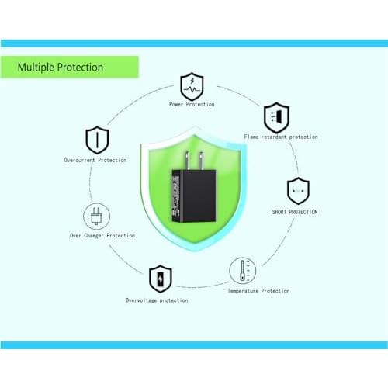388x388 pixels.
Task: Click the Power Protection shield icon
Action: click(x=192, y=86)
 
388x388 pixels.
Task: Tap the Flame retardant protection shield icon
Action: click(x=276, y=118)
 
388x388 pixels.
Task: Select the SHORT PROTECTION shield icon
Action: click(x=298, y=191)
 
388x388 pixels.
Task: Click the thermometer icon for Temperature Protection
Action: click(x=242, y=271)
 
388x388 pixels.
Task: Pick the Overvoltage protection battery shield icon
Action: click(x=161, y=279)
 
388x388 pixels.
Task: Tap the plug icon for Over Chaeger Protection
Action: click(x=96, y=216)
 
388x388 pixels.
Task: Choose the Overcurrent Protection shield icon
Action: click(x=97, y=140)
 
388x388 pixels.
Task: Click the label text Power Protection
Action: click(x=192, y=104)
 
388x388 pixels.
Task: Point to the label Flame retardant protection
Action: click(x=281, y=137)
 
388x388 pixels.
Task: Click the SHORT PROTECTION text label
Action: click(x=295, y=212)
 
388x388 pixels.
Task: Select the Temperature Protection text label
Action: click(x=258, y=291)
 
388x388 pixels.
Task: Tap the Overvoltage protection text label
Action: click(x=157, y=300)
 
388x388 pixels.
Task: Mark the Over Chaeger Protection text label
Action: click(x=102, y=236)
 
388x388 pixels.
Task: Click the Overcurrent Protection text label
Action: click(x=95, y=160)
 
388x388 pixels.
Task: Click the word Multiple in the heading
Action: click(x=36, y=68)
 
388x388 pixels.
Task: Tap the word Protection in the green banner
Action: click(x=80, y=68)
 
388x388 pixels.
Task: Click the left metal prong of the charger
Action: click(x=187, y=161)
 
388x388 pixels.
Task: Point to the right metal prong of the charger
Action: click(x=201, y=161)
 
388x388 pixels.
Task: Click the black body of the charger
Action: click(x=194, y=196)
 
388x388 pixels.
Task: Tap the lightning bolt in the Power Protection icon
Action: click(x=192, y=81)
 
